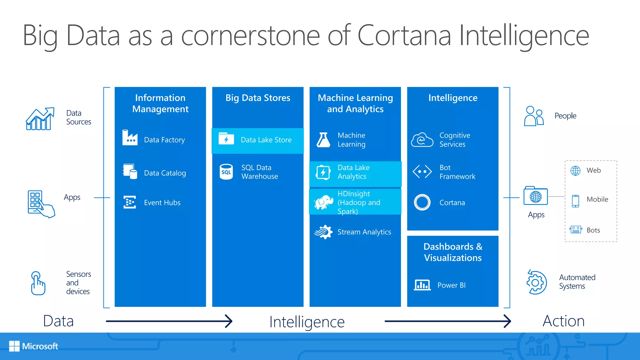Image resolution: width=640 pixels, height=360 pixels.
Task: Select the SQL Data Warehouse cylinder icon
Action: click(226, 172)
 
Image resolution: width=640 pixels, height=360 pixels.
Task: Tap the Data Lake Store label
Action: click(266, 140)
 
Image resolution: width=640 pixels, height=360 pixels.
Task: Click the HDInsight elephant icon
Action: click(323, 202)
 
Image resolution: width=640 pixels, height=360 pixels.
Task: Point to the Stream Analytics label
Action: click(364, 232)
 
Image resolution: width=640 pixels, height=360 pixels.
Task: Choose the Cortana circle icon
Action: click(422, 202)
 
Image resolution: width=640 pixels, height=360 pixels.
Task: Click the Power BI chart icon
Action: click(422, 285)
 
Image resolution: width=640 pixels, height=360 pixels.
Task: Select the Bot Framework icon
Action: click(422, 172)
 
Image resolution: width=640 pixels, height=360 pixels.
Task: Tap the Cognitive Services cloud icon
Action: click(422, 140)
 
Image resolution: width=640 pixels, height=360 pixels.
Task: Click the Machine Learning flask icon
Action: click(323, 140)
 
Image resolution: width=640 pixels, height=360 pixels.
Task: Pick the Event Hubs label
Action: click(162, 202)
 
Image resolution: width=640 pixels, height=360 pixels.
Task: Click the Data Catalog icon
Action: click(130, 171)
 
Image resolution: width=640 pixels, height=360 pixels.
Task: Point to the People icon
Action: click(534, 116)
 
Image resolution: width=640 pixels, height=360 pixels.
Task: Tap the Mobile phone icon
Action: click(575, 201)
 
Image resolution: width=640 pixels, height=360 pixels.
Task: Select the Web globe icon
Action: click(575, 171)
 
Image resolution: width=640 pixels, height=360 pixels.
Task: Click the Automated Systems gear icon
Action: click(536, 282)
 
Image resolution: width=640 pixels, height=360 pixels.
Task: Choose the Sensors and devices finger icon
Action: click(38, 283)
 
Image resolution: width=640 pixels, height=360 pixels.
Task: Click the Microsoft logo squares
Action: click(14, 346)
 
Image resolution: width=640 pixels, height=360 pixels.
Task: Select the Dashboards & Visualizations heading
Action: click(453, 252)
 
